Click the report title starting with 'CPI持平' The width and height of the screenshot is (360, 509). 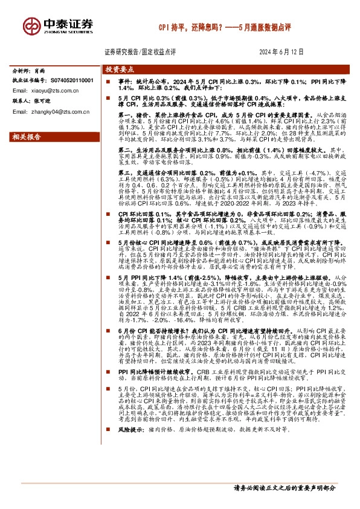(225, 28)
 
